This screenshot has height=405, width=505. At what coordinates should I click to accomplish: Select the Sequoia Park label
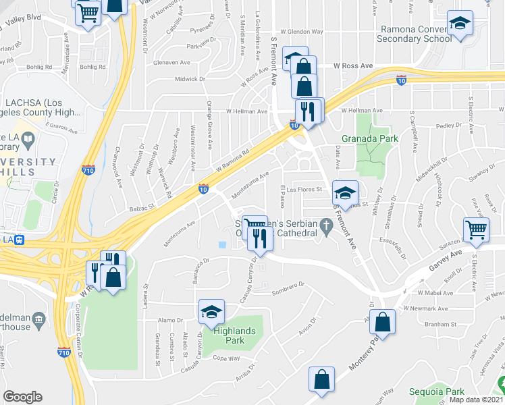[x=436, y=391]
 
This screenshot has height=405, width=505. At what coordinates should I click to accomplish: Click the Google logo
[x=22, y=397]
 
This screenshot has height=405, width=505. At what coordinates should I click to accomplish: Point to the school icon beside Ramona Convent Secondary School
[x=460, y=24]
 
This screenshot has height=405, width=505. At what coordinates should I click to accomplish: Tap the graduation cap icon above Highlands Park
[x=211, y=312]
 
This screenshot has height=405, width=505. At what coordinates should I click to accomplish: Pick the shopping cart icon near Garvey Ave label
[x=476, y=230]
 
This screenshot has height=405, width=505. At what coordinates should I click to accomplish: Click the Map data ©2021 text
[x=477, y=400]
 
